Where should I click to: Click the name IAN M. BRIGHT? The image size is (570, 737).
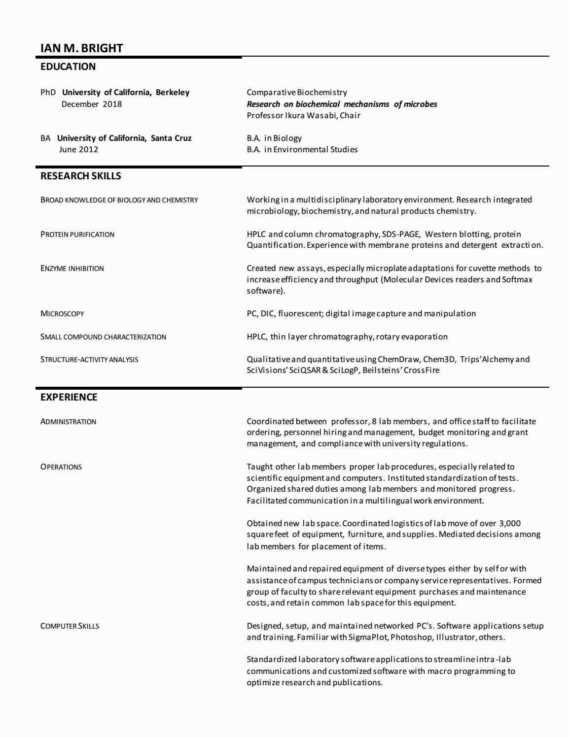[81, 48]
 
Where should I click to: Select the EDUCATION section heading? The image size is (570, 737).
[68, 67]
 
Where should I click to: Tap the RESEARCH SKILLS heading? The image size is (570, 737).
[80, 176]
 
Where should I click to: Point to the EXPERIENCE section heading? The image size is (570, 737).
[69, 397]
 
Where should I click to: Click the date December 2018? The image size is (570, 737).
[91, 104]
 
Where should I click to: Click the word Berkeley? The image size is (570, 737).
[173, 92]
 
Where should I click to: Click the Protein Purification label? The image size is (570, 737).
[77, 234]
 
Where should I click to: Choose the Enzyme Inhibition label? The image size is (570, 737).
[72, 268]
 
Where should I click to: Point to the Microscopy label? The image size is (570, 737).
[62, 313]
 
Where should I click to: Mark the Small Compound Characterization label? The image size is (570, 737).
[103, 337]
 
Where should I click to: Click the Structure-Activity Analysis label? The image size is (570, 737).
[89, 360]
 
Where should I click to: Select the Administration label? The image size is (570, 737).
[68, 422]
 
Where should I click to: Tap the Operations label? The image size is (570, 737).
[61, 467]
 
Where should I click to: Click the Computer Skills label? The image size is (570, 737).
[70, 626]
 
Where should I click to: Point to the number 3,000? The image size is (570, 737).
[510, 523]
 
